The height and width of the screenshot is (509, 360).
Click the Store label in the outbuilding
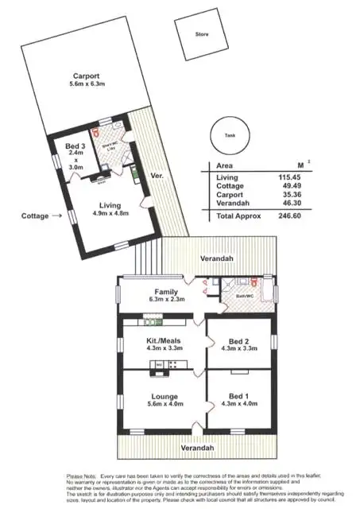[202, 34]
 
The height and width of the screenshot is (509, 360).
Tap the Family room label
[166, 292]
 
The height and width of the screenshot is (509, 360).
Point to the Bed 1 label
[239, 396]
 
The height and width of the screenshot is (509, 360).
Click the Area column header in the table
[225, 165]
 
